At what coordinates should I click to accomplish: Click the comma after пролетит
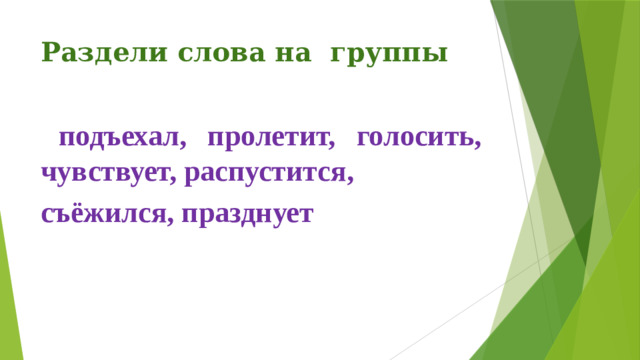click(330, 146)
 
